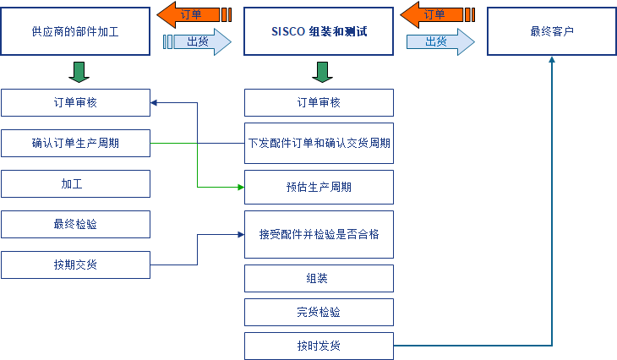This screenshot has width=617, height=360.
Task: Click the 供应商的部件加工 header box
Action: point(75,31)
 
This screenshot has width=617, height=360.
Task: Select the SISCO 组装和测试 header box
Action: point(319,31)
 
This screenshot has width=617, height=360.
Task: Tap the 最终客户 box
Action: point(552,31)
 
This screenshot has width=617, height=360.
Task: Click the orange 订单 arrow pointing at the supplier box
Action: point(192,14)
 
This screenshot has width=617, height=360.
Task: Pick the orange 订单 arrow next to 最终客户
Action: point(434,14)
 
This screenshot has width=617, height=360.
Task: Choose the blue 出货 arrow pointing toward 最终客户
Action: point(439,41)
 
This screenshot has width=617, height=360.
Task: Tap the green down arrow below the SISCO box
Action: point(320,72)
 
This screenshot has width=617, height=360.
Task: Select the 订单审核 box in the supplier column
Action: point(75,102)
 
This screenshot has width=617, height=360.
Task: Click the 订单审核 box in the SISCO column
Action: point(319,102)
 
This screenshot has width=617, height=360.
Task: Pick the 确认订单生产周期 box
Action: point(75,143)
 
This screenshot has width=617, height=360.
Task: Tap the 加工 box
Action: point(75,183)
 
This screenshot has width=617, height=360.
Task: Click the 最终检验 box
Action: point(75,224)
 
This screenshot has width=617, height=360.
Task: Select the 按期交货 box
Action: point(75,265)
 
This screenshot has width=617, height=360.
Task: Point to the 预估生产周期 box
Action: point(319,187)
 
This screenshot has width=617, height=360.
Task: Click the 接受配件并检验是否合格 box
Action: point(319,234)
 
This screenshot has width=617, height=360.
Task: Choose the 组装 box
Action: point(319,278)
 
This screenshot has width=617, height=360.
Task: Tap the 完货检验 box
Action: point(319,312)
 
